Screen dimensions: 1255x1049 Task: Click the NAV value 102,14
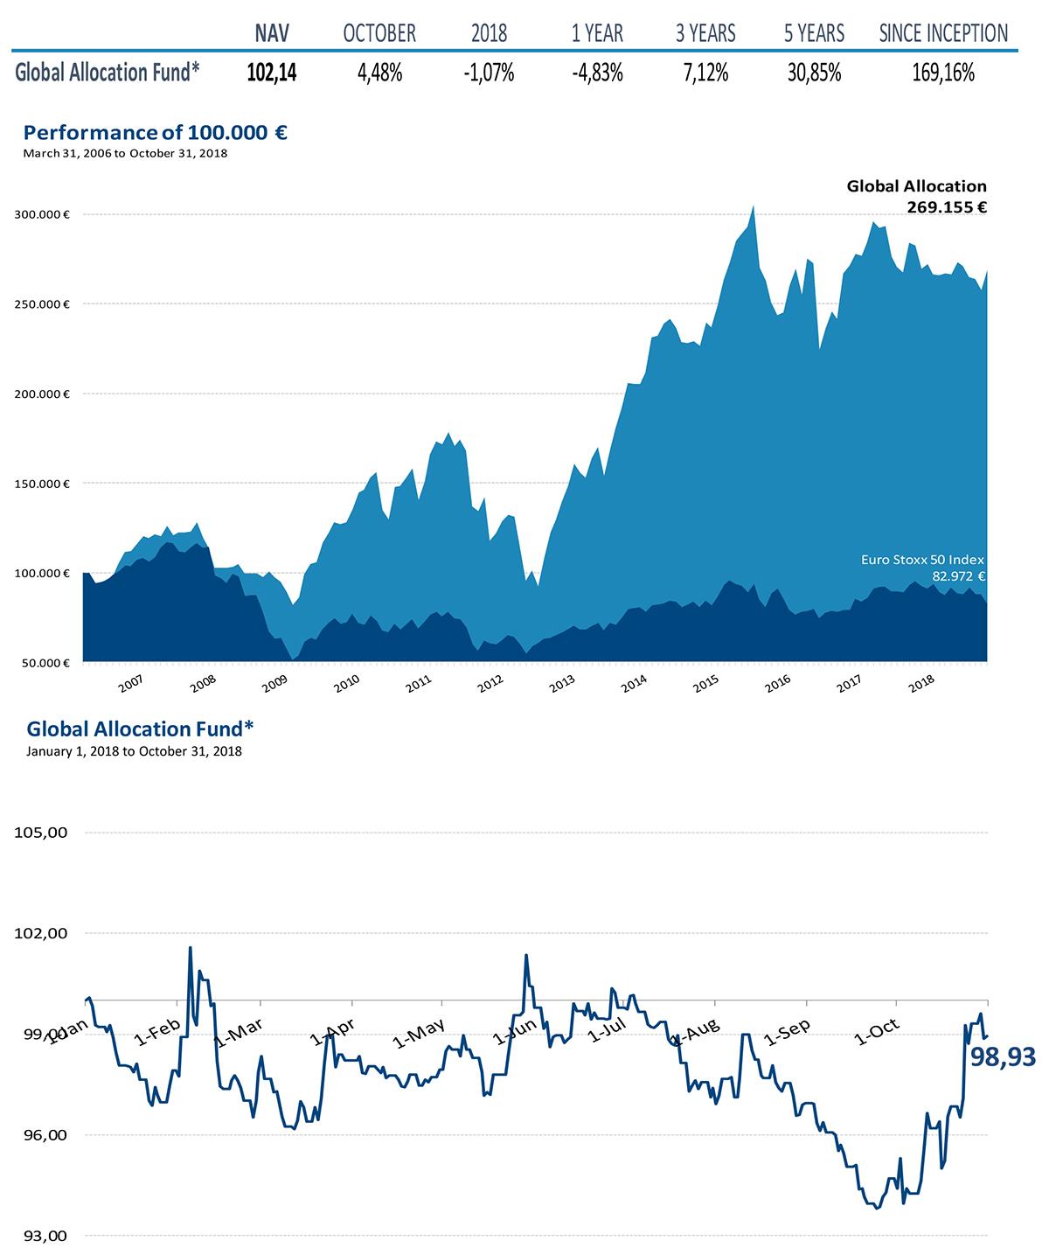coord(271,73)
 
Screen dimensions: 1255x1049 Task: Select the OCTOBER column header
coord(379,34)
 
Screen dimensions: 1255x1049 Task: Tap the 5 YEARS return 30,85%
coord(814,73)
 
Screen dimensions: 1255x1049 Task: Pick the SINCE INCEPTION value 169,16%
coord(942,73)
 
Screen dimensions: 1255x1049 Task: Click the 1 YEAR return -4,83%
coord(597,73)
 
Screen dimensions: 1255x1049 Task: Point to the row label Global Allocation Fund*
coord(108,73)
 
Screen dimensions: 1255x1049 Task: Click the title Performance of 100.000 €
coord(156,133)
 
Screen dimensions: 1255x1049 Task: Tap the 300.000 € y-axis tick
coord(42,214)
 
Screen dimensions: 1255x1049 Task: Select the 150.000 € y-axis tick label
coord(42,483)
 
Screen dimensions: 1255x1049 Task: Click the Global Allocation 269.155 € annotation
coord(916,197)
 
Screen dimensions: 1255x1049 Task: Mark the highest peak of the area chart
coord(754,206)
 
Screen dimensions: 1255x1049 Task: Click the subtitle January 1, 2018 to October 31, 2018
coord(134,751)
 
